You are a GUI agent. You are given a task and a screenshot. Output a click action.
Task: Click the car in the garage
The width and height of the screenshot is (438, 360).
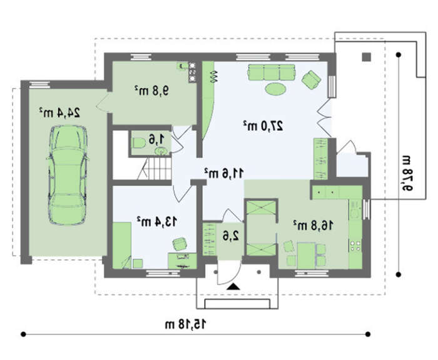coord(68,175)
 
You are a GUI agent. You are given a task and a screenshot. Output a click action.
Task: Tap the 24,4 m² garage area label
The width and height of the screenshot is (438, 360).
coord(59,112)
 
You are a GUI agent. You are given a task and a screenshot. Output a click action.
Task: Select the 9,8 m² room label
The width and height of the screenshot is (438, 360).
coord(152,90)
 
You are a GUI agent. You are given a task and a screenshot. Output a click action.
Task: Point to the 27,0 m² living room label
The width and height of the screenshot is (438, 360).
coord(263,126)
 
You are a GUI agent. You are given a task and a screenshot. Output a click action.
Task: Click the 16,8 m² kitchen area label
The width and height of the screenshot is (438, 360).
coord(313,225)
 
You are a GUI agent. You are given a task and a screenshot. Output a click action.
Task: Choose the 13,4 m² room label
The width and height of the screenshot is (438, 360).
coord(156,221)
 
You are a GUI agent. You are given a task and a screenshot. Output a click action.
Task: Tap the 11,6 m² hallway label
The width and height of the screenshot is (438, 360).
coord(224,173)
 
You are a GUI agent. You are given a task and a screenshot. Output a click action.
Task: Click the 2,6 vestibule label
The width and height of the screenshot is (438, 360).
coord(231,236)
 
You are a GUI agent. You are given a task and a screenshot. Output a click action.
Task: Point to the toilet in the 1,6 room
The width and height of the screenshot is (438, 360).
coord(138,143)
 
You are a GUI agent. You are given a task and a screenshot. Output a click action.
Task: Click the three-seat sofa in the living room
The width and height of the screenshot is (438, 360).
coord(271,72)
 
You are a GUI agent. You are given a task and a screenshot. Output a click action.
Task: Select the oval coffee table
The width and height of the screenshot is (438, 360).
coord(275,89)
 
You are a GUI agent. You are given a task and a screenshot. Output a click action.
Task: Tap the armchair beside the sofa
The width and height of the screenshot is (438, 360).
coord(311,79)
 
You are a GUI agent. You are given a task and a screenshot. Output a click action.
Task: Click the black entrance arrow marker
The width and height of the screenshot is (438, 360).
coord(233,287)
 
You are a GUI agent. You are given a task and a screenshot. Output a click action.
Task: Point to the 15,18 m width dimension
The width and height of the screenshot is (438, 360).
coord(186,324)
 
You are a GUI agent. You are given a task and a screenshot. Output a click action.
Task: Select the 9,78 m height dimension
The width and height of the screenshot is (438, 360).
coord(407,173)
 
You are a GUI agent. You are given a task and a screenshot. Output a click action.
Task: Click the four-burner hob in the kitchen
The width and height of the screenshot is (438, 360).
coord(355,246)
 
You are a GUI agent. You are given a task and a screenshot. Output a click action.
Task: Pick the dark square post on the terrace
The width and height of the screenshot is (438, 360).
coord(367,57)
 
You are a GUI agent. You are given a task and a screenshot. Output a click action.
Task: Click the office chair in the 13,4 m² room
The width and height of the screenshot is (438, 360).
coord(180,244)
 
